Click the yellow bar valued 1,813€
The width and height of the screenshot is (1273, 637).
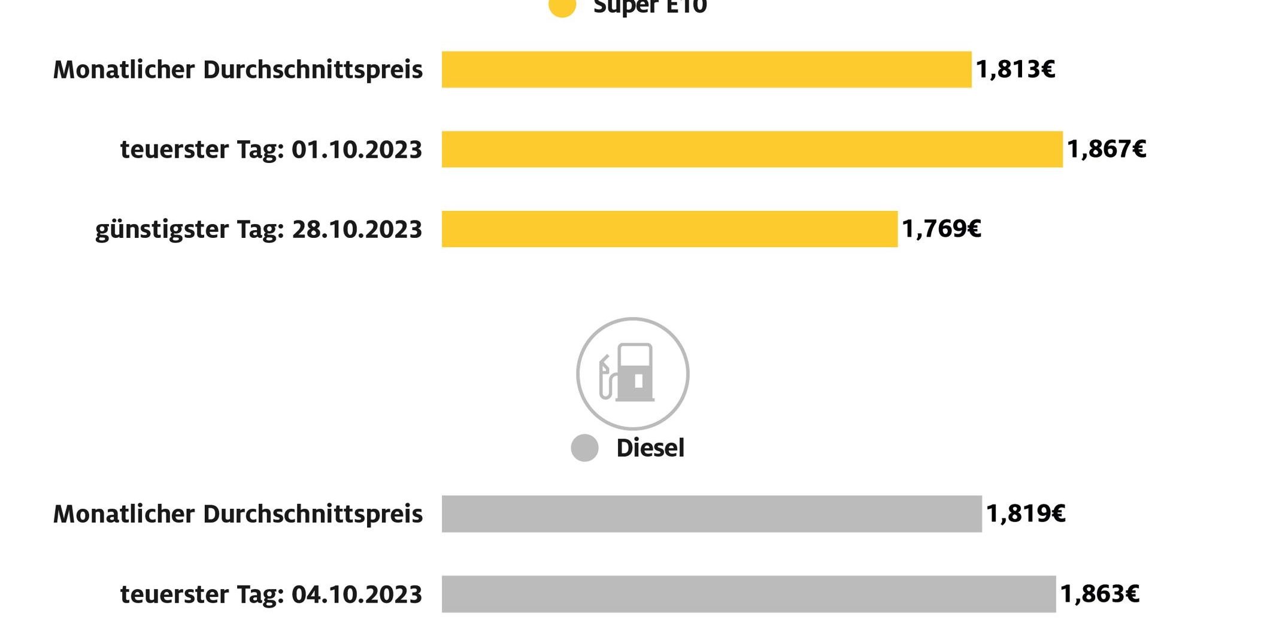tap(707, 70)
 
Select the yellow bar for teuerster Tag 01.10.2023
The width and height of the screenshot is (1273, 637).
tap(752, 149)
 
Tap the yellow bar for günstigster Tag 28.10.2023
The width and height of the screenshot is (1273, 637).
tap(669, 229)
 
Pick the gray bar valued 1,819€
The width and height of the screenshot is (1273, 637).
tap(711, 514)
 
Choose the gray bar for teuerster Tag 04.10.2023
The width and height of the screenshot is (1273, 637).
tap(748, 594)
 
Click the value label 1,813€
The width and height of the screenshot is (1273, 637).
tap(1016, 70)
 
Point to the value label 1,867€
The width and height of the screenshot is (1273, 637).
tap(1107, 149)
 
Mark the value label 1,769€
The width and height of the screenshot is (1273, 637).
tap(941, 229)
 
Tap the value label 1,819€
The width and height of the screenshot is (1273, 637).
tap(1026, 514)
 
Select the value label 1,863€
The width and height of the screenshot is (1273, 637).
tap(1099, 594)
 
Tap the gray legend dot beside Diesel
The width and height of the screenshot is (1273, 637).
tap(584, 448)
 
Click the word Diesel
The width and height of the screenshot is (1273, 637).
tap(650, 448)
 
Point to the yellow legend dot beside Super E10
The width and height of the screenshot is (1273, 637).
tap(562, 6)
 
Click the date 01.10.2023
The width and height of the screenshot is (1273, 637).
tap(357, 150)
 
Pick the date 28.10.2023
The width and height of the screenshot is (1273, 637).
tap(357, 230)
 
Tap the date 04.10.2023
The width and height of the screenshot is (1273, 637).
tap(357, 594)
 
